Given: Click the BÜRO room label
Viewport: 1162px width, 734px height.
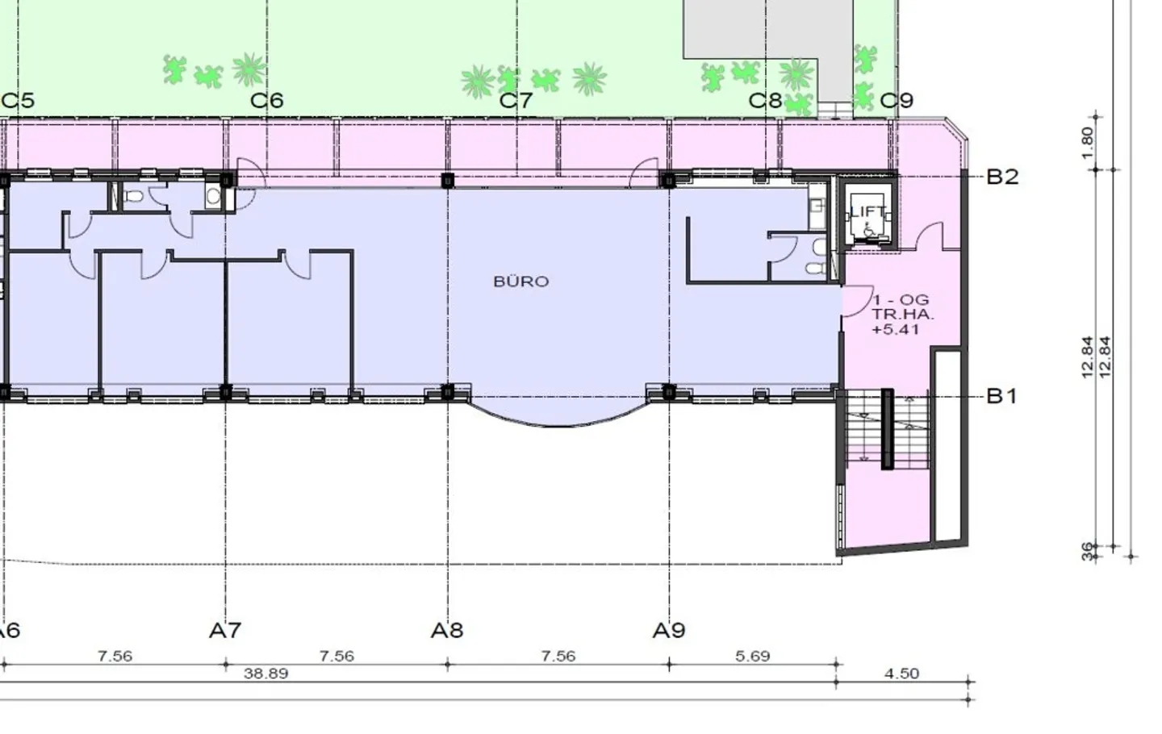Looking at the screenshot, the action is (x=520, y=282).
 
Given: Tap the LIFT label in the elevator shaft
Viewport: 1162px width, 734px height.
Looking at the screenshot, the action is (x=868, y=211).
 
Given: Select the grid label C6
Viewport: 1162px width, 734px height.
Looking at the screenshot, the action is (x=266, y=101).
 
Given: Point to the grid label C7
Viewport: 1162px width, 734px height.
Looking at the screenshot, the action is (x=516, y=101).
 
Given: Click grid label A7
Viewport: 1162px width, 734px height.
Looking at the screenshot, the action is (x=225, y=630).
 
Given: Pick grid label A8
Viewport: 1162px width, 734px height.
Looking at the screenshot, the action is (x=447, y=630).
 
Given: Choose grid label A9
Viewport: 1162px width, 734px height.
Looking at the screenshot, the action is (x=669, y=630).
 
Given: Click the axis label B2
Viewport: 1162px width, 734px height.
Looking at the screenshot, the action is (x=1002, y=177).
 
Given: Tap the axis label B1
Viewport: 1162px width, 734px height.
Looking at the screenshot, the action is (x=1001, y=397).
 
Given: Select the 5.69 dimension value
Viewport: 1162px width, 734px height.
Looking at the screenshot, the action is (x=753, y=657).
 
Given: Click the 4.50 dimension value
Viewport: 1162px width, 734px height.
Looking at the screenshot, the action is (x=901, y=674).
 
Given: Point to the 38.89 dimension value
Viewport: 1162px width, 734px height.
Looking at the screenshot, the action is (x=265, y=674).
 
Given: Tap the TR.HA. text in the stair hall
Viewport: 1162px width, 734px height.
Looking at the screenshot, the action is (x=903, y=314).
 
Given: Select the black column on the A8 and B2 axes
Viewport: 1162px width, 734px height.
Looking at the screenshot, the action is (x=448, y=181).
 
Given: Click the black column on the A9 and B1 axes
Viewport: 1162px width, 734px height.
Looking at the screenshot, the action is (x=669, y=392).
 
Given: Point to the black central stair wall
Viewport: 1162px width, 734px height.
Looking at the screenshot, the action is (x=888, y=429).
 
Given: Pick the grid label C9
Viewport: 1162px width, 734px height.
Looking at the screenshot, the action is (x=897, y=101).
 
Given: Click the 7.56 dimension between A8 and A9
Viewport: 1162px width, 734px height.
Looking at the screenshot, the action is (x=558, y=657).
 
